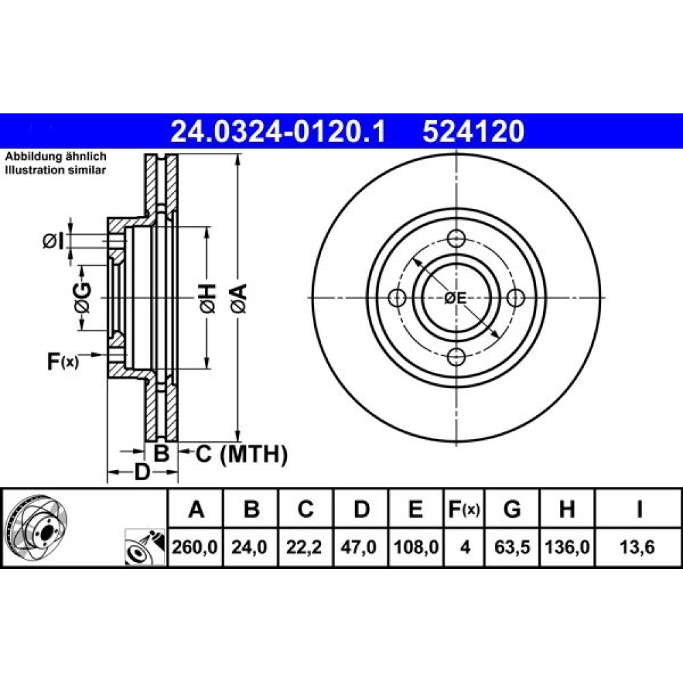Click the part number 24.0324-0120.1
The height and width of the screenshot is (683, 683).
click(x=278, y=132)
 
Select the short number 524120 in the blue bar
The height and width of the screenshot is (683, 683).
click(x=473, y=132)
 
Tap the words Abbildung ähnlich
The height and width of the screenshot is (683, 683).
click(x=55, y=156)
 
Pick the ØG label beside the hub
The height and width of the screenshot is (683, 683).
click(x=83, y=298)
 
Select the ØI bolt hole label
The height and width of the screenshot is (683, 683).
click(x=53, y=241)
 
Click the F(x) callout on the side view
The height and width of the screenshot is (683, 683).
click(x=63, y=361)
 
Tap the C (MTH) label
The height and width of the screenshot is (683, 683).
click(x=241, y=454)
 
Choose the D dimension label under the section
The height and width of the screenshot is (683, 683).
click(x=142, y=472)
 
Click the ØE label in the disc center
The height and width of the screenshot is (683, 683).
click(x=456, y=298)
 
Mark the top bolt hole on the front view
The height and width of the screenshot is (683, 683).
click(x=456, y=238)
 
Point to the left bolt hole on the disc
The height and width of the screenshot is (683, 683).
click(x=398, y=298)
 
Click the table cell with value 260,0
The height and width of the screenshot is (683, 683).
click(x=195, y=547)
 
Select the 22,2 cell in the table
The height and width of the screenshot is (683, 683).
click(x=304, y=547)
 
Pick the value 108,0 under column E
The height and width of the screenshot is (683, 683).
click(x=416, y=547)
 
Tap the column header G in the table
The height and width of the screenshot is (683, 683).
click(x=512, y=509)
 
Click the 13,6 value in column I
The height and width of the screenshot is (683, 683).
click(x=637, y=547)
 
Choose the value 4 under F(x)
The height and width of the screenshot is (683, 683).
click(x=465, y=547)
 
